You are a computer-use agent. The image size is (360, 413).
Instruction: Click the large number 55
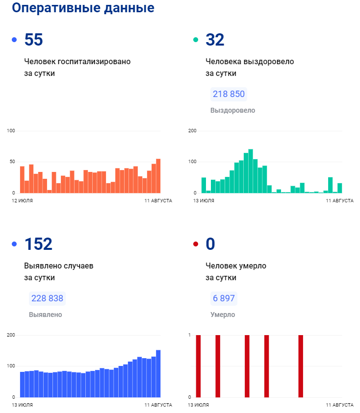pyautogui.click(x=33, y=40)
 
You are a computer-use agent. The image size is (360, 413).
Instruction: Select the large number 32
pyautogui.click(x=215, y=40)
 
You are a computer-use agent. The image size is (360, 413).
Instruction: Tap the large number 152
pyautogui.click(x=38, y=244)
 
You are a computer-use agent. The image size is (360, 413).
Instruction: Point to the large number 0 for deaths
pyautogui.click(x=210, y=244)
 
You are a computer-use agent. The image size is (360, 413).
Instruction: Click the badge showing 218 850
pyautogui.click(x=229, y=94)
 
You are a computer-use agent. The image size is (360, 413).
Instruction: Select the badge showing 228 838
pyautogui.click(x=47, y=298)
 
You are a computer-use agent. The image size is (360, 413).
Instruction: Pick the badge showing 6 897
pyautogui.click(x=224, y=298)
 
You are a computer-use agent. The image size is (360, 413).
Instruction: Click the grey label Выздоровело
pyautogui.click(x=232, y=110)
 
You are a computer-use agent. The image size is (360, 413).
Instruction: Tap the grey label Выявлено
pyautogui.click(x=46, y=315)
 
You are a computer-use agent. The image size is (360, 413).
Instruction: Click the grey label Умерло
pyautogui.click(x=223, y=315)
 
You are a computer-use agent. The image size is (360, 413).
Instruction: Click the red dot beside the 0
pyautogui.click(x=196, y=244)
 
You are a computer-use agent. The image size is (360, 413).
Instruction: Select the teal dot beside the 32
pyautogui.click(x=196, y=40)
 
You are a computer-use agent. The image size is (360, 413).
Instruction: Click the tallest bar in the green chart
pyautogui.click(x=251, y=171)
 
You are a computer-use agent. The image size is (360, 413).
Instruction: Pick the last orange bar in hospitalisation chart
pyautogui.click(x=158, y=175)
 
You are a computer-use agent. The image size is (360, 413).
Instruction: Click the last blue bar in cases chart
pyautogui.click(x=158, y=373)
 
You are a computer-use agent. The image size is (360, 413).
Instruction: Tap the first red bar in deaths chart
pyautogui.click(x=198, y=366)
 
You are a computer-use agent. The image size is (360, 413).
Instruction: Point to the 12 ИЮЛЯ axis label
pyautogui.click(x=23, y=201)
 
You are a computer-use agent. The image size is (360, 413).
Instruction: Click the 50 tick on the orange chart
pyautogui.click(x=11, y=162)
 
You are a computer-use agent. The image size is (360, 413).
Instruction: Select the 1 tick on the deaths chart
pyautogui.click(x=189, y=335)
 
